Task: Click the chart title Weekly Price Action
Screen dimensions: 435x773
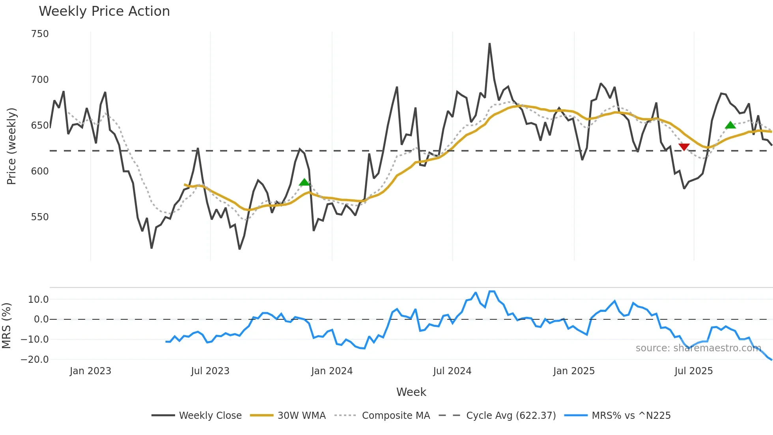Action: coord(104,11)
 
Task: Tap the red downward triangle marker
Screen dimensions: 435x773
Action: coord(684,147)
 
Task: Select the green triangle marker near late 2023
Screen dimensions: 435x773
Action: coord(304,182)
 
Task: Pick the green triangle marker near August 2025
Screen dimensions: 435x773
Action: coord(730,125)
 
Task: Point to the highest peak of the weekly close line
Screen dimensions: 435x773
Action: coord(489,44)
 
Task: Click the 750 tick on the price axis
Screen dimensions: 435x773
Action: coord(40,34)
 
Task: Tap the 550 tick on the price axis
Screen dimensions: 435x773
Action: coord(40,217)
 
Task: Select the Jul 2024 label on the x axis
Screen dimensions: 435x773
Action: coord(452,371)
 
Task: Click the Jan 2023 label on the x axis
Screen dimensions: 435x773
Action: coord(90,371)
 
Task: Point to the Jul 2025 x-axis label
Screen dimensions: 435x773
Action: coord(693,371)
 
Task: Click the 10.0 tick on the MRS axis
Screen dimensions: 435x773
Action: coord(38,300)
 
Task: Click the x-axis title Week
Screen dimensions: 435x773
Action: coord(411,392)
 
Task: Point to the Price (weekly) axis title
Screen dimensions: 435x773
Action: coord(11,146)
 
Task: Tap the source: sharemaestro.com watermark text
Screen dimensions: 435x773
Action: coord(698,348)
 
